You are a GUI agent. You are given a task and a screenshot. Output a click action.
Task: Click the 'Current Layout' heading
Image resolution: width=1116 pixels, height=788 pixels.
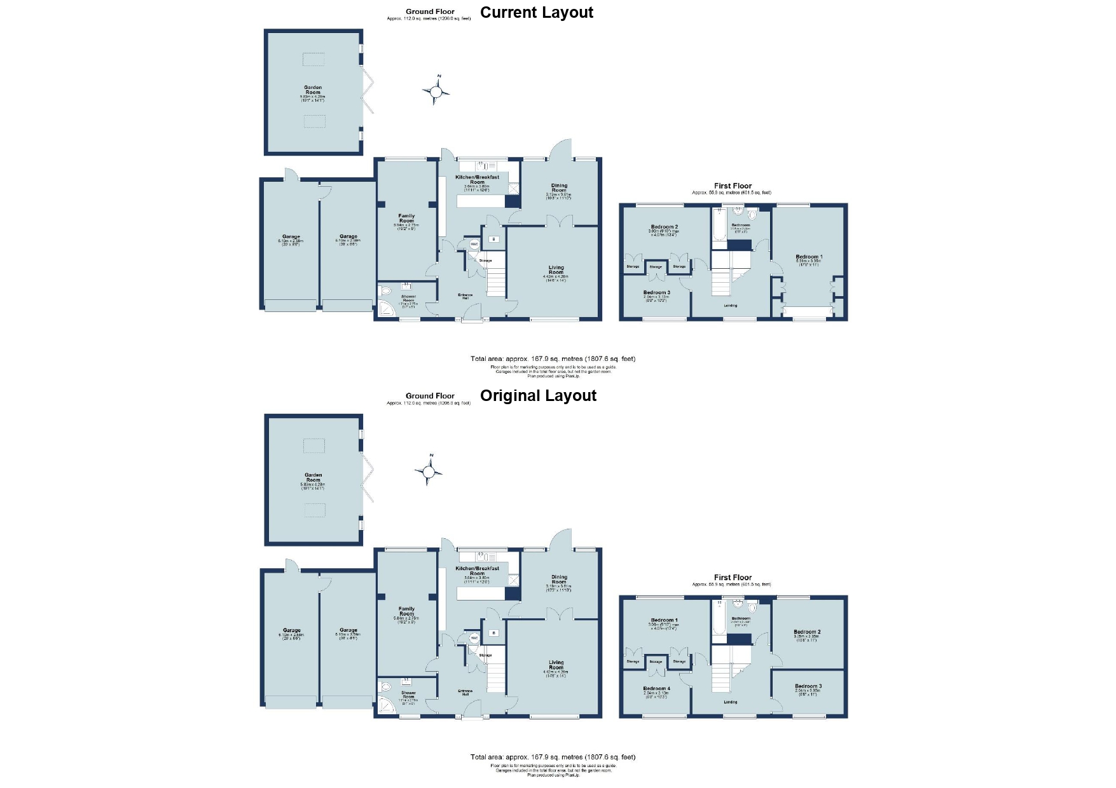tap(536, 13)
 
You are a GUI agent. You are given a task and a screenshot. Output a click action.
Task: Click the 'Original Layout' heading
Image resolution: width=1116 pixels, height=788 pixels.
tap(538, 396)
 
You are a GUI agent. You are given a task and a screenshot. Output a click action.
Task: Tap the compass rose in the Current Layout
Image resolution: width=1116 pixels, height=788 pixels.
tap(436, 92)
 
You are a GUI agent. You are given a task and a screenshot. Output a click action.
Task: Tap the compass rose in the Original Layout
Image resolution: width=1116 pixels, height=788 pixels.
tap(429, 472)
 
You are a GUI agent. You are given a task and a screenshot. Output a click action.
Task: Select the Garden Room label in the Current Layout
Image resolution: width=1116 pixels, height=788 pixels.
tap(313, 90)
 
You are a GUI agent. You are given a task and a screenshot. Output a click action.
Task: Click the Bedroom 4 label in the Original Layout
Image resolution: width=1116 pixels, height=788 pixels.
tap(656, 689)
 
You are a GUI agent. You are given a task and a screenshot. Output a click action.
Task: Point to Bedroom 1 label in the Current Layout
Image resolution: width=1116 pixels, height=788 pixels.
tap(809, 257)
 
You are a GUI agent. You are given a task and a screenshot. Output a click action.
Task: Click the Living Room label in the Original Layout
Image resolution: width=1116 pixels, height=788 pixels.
tap(556, 665)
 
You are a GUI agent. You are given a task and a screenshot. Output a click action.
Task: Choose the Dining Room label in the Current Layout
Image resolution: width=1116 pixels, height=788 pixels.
tap(559, 188)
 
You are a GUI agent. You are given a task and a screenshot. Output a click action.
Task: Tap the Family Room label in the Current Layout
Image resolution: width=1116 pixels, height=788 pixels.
tap(406, 219)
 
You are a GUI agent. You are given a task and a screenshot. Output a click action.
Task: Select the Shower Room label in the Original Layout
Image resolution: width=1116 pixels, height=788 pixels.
tap(408, 695)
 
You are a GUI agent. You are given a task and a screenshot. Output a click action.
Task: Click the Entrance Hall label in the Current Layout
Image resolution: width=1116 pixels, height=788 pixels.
tap(465, 296)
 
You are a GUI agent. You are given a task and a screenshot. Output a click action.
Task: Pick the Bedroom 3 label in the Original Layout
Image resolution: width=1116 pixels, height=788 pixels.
tap(808, 686)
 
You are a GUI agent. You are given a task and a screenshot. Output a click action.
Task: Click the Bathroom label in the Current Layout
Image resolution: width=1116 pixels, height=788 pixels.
tap(741, 225)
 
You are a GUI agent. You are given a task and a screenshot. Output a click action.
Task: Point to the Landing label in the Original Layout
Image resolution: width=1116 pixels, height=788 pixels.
tap(731, 702)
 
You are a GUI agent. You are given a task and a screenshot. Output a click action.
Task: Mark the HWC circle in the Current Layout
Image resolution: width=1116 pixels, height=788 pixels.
tap(474, 244)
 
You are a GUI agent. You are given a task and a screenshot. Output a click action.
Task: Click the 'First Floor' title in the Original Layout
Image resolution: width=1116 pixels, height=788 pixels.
tap(733, 578)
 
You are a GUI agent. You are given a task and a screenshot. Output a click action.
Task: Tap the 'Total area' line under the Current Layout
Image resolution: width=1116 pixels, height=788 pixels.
tap(553, 359)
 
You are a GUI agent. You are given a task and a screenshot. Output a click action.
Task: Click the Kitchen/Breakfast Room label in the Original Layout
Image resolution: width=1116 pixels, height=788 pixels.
tap(477, 571)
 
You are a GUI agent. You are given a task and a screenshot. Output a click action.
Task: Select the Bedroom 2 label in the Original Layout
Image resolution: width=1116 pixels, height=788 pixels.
tap(807, 632)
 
